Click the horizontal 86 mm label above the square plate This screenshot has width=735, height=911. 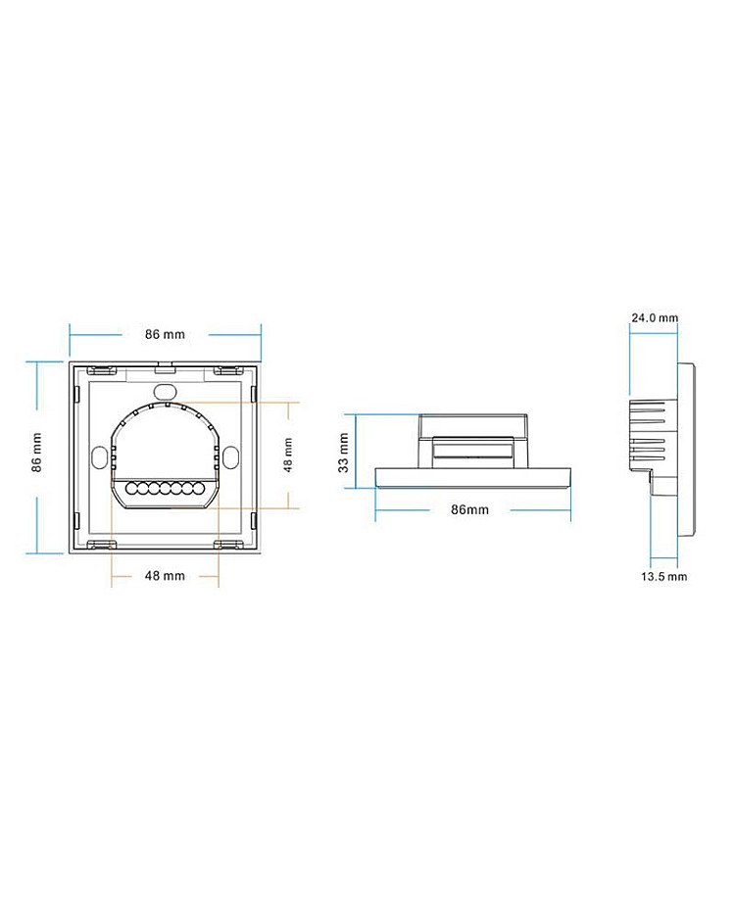(165, 334)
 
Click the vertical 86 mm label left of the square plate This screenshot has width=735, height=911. (36, 453)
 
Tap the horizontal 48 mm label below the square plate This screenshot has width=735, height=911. (165, 576)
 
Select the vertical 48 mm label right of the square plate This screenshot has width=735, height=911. (288, 455)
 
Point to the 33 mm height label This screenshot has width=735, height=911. (343, 453)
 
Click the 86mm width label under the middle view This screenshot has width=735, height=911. (470, 509)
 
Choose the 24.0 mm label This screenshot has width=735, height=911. (655, 317)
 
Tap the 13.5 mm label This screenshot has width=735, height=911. (664, 577)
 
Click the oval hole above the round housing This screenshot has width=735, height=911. (165, 389)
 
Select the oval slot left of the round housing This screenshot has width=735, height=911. (99, 456)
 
